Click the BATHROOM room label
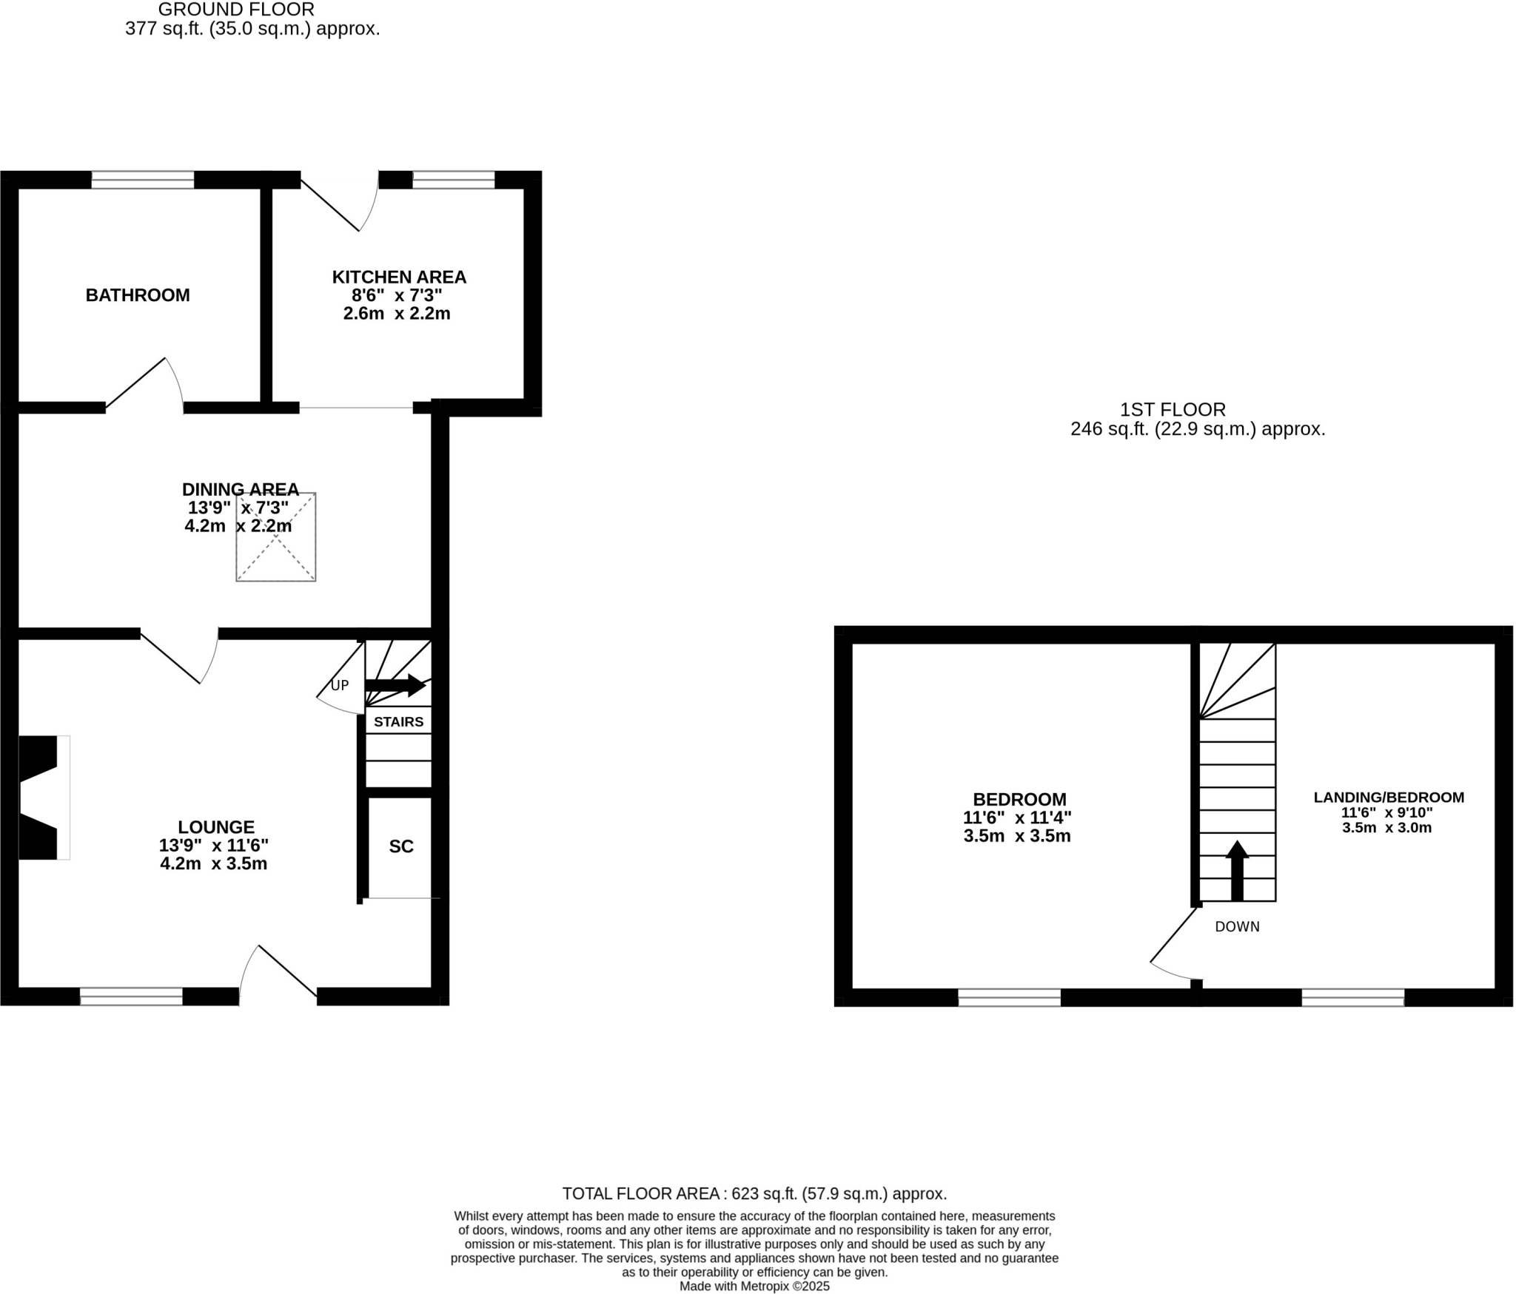click(x=138, y=295)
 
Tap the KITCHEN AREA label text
click(x=398, y=277)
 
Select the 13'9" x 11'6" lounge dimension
click(x=213, y=846)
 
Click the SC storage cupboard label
click(x=400, y=846)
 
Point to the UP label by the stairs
click(x=339, y=686)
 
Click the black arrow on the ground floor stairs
click(x=395, y=686)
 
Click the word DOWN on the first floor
click(x=1237, y=927)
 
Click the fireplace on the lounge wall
click(x=41, y=798)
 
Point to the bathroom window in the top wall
click(x=142, y=180)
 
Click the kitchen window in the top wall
click(x=453, y=180)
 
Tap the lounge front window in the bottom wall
click(x=131, y=997)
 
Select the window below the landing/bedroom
click(x=1352, y=997)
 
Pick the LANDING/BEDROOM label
click(x=1389, y=798)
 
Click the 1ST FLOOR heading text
click(x=1173, y=409)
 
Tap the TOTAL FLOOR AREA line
click(x=754, y=1193)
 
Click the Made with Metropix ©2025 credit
click(x=754, y=1287)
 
